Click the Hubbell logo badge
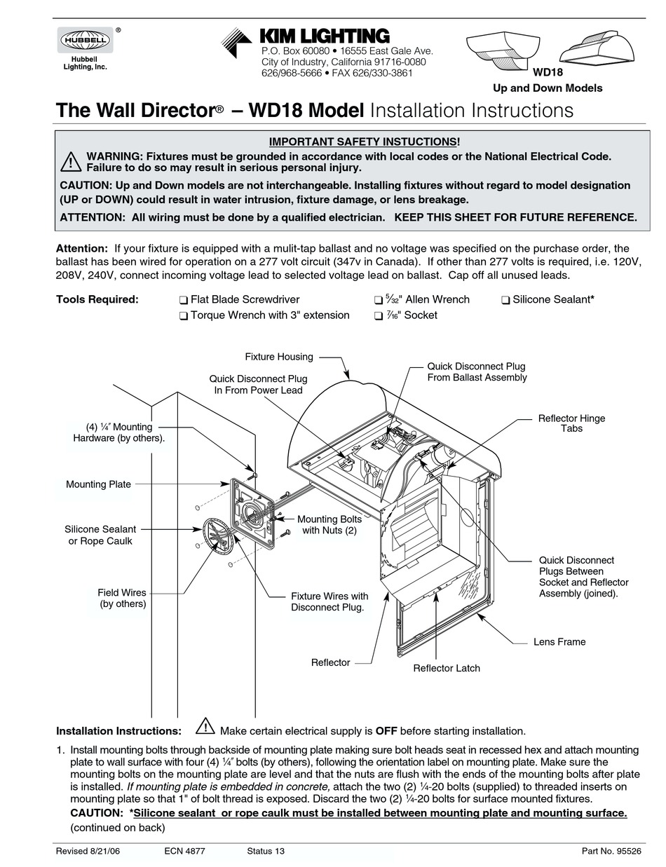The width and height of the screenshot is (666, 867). (x=84, y=41)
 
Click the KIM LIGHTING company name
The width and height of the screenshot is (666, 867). (x=324, y=36)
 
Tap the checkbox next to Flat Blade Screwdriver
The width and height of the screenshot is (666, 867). (x=183, y=300)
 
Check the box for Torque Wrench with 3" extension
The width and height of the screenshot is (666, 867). (x=183, y=316)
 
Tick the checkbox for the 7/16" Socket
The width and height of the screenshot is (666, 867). (x=379, y=316)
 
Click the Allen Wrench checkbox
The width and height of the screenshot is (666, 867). (x=379, y=300)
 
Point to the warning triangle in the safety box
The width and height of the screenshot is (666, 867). (x=71, y=162)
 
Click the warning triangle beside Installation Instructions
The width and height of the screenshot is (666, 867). (x=205, y=725)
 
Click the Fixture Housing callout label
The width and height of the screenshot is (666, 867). (x=278, y=357)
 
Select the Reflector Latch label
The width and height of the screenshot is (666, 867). (x=446, y=668)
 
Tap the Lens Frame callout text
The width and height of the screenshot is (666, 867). (x=559, y=641)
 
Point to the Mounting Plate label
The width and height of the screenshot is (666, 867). (x=98, y=484)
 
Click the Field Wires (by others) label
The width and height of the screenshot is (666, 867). (x=122, y=598)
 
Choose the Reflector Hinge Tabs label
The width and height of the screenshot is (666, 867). (x=571, y=423)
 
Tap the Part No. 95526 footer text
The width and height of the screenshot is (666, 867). (x=611, y=851)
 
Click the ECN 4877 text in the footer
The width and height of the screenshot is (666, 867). (x=184, y=851)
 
